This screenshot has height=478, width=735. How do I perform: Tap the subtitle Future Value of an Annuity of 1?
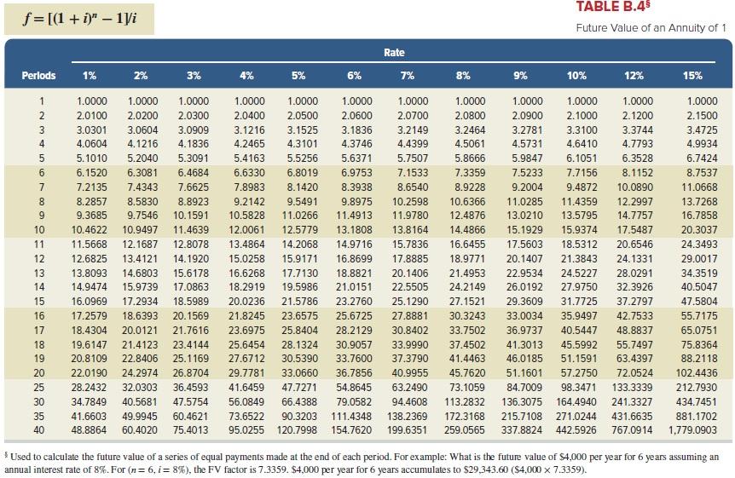(651, 28)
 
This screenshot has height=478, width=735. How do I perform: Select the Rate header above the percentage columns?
(394, 53)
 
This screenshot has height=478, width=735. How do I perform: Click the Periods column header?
(38, 75)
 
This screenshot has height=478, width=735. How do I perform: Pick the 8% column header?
(463, 75)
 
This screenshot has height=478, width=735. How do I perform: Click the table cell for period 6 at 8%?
(464, 172)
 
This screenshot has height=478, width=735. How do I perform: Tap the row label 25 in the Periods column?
(38, 388)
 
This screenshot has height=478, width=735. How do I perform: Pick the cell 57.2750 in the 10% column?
(576, 372)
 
